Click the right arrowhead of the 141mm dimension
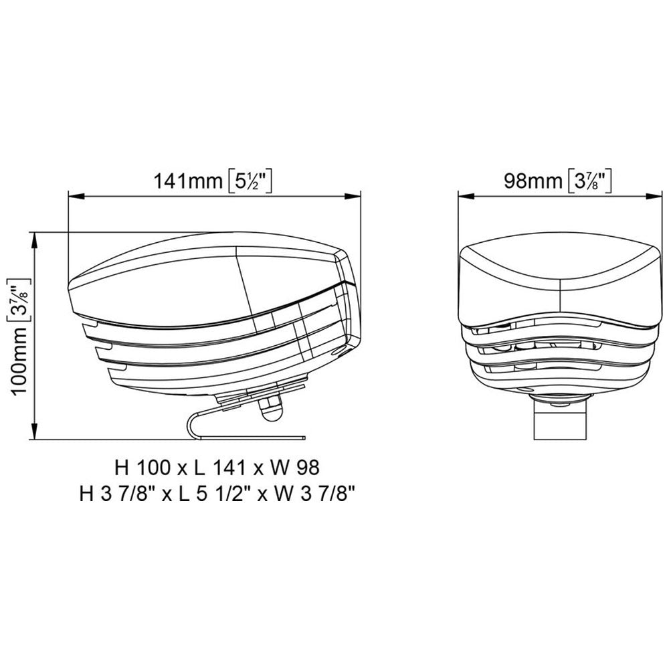(x=357, y=196)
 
